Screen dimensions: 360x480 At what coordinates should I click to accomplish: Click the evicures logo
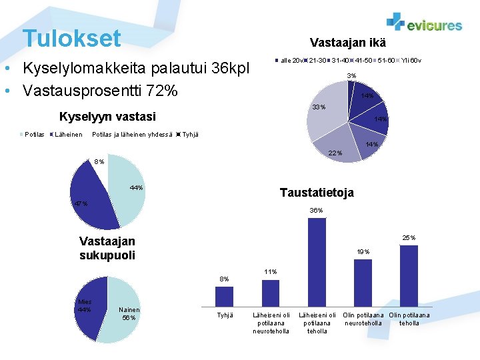[x=424, y=23]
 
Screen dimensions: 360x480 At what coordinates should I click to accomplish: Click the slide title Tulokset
[x=71, y=38]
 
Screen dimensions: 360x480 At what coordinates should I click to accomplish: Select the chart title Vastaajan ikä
[x=347, y=43]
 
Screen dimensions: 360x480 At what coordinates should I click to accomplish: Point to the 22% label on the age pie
[x=335, y=153]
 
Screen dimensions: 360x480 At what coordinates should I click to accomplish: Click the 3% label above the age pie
[x=352, y=75]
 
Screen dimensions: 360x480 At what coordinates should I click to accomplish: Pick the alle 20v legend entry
[x=290, y=61]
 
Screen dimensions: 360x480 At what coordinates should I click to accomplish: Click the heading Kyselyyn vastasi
[x=107, y=117]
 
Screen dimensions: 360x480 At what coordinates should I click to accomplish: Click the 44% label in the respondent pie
[x=136, y=188]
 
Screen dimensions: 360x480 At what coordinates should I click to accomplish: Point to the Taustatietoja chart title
[x=317, y=193]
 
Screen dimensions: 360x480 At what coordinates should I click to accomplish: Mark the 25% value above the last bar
[x=409, y=237]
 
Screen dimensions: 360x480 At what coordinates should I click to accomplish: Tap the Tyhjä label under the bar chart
[x=225, y=315]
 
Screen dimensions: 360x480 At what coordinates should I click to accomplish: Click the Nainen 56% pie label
[x=129, y=313]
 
